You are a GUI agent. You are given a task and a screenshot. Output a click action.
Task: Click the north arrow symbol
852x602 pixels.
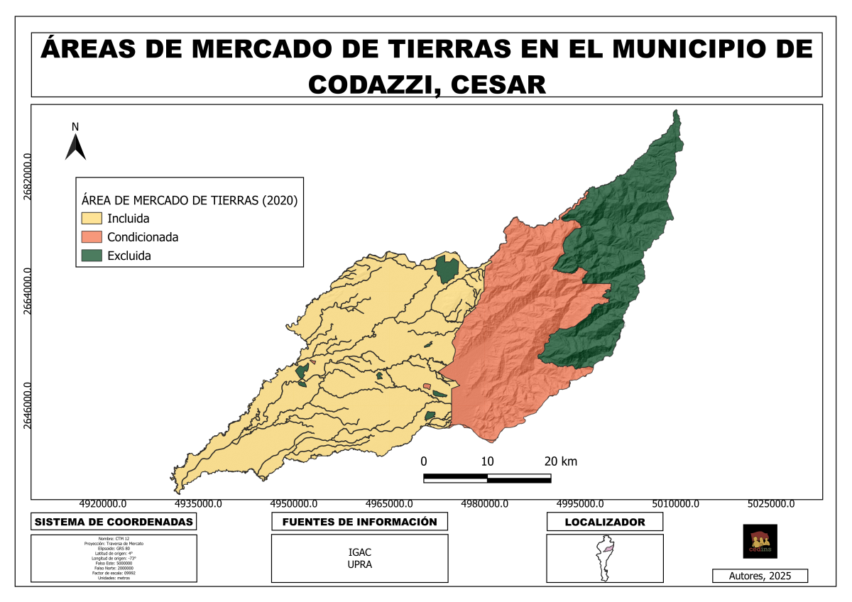pyautogui.click(x=75, y=146)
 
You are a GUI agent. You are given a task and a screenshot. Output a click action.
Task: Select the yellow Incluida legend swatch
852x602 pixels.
pyautogui.click(x=92, y=218)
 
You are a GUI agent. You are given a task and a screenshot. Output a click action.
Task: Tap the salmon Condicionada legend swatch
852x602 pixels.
pyautogui.click(x=92, y=237)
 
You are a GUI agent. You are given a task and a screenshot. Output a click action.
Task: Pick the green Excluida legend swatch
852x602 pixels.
pyautogui.click(x=92, y=256)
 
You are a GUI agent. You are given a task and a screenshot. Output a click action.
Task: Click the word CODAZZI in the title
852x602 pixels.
pyautogui.click(x=368, y=84)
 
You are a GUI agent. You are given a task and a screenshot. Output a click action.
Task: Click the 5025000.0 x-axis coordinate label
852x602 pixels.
pyautogui.click(x=770, y=504)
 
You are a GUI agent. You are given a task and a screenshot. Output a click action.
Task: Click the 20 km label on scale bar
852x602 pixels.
pyautogui.click(x=560, y=461)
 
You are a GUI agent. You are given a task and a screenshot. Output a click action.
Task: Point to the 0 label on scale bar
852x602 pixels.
pyautogui.click(x=424, y=461)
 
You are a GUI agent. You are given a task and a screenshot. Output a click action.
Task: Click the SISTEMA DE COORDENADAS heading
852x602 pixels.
pyautogui.click(x=114, y=522)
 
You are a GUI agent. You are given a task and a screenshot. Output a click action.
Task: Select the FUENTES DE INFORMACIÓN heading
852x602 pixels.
pyautogui.click(x=359, y=522)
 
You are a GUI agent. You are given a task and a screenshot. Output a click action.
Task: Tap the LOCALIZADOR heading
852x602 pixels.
pyautogui.click(x=604, y=522)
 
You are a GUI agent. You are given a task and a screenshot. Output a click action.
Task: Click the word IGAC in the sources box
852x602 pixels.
pyautogui.click(x=360, y=552)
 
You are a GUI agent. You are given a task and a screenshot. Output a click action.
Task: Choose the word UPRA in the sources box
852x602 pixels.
pyautogui.click(x=360, y=564)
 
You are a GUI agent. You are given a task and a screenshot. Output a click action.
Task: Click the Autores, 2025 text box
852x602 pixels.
pyautogui.click(x=760, y=576)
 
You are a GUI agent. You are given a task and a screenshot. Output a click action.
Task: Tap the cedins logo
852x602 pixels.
pyautogui.click(x=760, y=541)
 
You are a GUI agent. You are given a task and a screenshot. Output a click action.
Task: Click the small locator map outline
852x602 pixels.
pyautogui.click(x=604, y=558)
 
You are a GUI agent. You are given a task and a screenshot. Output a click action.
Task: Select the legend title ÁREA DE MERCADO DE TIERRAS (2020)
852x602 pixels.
pyautogui.click(x=189, y=200)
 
